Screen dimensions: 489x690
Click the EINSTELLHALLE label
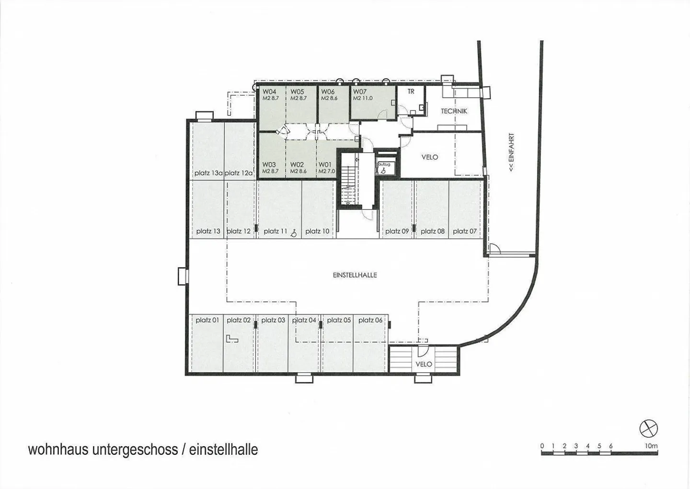[355, 275]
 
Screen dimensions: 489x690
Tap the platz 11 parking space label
[275, 231]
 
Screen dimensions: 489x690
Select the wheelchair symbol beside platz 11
[294, 232]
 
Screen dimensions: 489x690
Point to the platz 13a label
[208, 173]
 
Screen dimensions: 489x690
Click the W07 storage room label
[360, 92]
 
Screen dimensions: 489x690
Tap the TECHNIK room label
[454, 111]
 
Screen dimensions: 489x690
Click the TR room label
[411, 91]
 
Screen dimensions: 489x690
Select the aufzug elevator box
[384, 167]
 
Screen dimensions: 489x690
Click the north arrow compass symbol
[649, 428]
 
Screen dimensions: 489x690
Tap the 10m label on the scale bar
[651, 446]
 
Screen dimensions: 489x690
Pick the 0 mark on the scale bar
[542, 446]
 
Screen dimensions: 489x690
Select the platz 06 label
[370, 320]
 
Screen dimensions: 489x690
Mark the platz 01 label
[207, 320]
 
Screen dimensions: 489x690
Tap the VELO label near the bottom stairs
[424, 364]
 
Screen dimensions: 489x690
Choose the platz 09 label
[397, 231]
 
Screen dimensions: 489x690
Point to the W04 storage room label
[269, 92]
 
